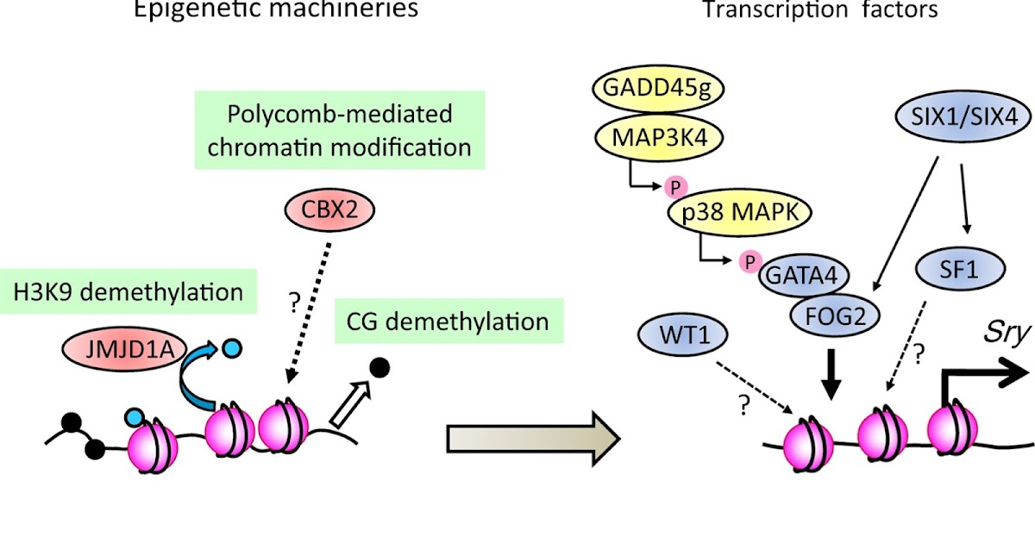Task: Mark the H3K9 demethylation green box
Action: tap(128, 291)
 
